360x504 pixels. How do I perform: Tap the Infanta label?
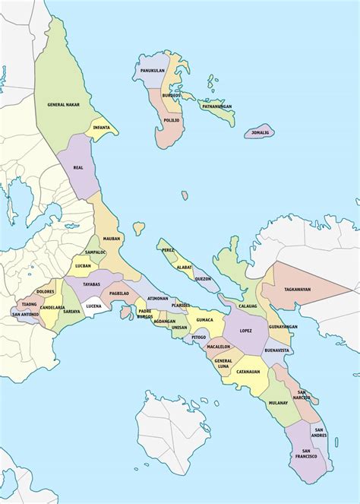click(x=101, y=128)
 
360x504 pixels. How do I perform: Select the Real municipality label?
click(x=78, y=166)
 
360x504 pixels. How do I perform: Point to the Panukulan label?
click(x=153, y=71)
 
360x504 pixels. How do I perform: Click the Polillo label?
click(x=171, y=120)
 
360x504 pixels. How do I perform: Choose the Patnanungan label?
click(x=216, y=106)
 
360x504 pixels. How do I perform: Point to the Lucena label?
click(x=93, y=306)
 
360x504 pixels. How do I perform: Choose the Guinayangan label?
click(x=283, y=326)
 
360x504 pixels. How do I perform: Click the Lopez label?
click(x=245, y=331)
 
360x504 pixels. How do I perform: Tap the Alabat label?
click(x=184, y=267)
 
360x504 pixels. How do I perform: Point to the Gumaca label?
click(x=213, y=320)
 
